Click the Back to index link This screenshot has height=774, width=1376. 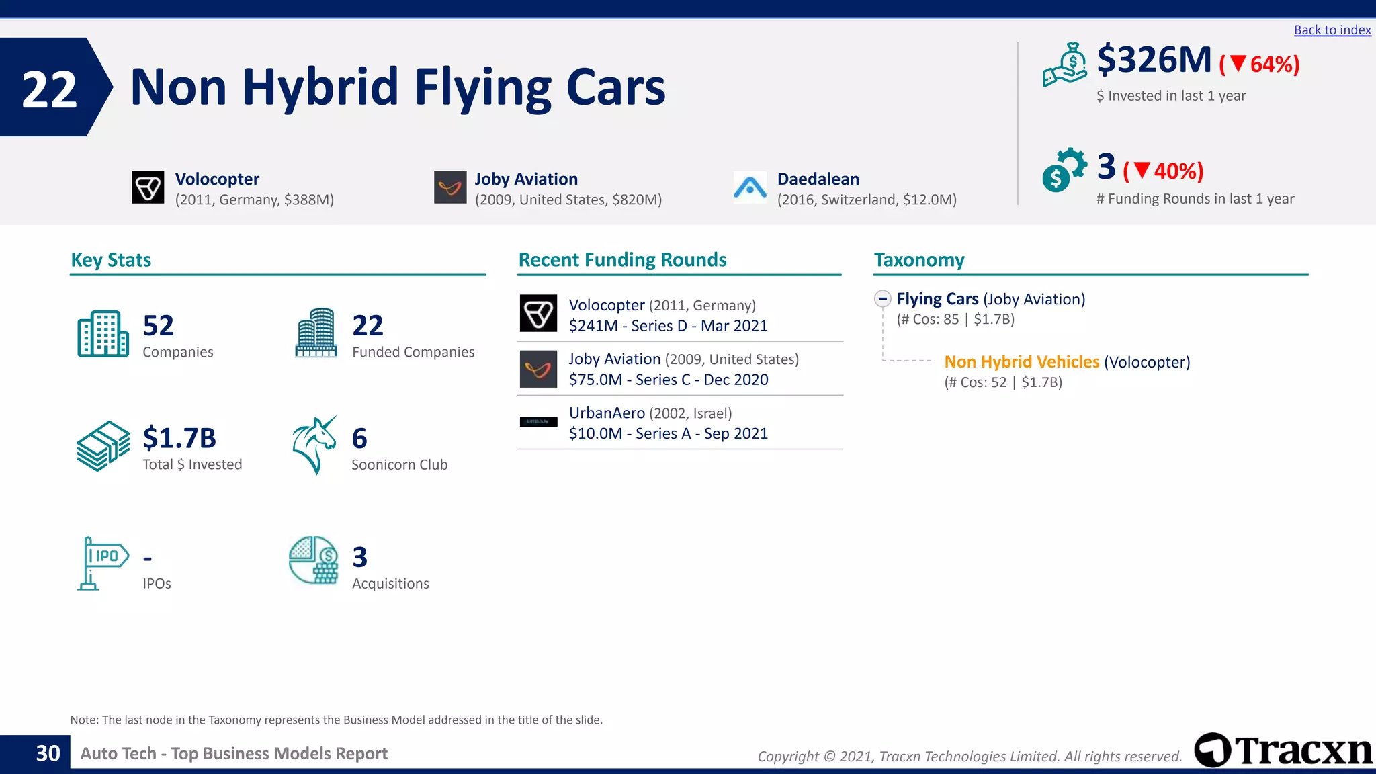[1332, 30]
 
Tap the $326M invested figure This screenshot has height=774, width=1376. [1154, 60]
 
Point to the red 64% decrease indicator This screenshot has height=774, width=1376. [1260, 64]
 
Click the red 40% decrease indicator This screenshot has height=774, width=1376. [1164, 171]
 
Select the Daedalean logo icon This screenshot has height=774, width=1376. [750, 187]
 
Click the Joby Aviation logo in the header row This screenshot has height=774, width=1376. [450, 187]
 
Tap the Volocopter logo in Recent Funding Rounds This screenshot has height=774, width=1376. [538, 314]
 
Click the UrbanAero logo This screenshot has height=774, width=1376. [538, 422]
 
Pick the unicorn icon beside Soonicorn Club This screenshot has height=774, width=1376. [314, 445]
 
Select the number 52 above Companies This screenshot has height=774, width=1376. [159, 326]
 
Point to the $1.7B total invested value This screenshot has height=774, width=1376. [179, 438]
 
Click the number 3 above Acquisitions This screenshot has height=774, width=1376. [360, 558]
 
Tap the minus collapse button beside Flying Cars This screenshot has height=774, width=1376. [883, 299]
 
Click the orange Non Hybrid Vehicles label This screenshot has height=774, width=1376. [1021, 362]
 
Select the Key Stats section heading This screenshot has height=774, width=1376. [111, 260]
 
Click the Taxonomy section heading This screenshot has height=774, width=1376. [918, 260]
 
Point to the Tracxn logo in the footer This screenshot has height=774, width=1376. [1283, 750]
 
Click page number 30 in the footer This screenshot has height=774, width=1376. [48, 754]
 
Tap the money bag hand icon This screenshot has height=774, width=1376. [1064, 65]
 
